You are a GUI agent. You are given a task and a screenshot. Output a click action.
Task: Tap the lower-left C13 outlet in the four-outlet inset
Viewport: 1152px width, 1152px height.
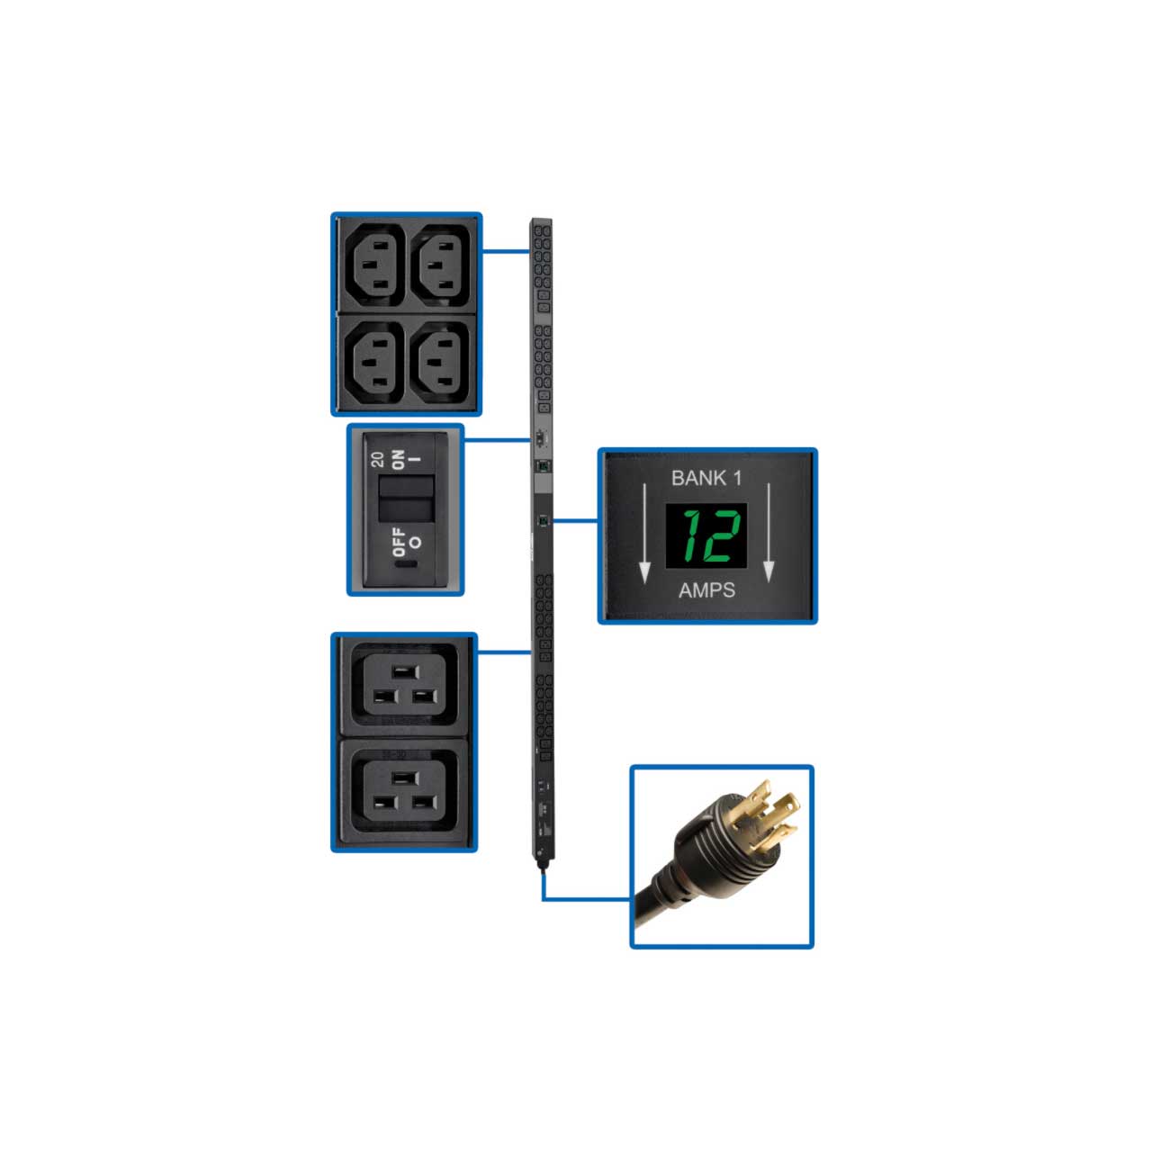(374, 363)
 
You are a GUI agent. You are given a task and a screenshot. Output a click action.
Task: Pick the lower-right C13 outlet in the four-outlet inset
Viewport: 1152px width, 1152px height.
(440, 363)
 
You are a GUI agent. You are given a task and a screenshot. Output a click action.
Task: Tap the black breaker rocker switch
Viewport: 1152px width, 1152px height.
(406, 498)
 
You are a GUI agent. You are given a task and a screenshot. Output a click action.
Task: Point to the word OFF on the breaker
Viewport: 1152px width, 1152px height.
(399, 542)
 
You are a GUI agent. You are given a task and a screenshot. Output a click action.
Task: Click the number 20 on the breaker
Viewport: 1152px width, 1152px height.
(377, 459)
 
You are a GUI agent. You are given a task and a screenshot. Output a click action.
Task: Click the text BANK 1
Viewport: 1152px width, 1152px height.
(706, 478)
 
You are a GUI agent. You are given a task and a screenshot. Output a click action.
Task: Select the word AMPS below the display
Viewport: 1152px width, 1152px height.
(706, 590)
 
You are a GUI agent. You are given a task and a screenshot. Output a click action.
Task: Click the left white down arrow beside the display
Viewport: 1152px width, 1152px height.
(644, 533)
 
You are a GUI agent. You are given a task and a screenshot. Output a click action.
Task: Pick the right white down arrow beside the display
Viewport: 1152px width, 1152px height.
(769, 533)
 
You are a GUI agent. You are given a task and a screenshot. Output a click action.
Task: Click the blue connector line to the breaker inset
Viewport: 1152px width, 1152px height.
(497, 441)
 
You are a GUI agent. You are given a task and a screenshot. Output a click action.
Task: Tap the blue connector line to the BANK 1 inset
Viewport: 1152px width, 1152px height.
(575, 521)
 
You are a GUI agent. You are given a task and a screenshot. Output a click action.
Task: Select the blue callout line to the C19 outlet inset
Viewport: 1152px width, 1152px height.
(504, 652)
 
